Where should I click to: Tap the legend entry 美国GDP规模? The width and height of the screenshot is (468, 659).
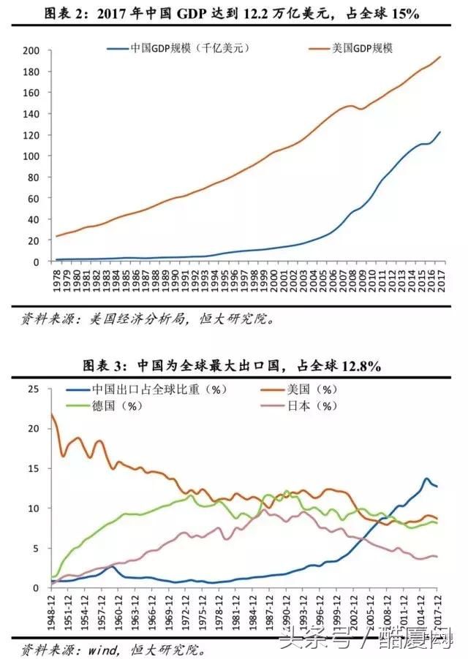point(361,48)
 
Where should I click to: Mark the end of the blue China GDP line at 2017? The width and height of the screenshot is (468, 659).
point(440,132)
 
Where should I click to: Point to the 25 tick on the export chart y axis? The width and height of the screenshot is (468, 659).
point(32,389)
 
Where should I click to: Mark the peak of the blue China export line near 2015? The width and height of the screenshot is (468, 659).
point(426,479)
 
